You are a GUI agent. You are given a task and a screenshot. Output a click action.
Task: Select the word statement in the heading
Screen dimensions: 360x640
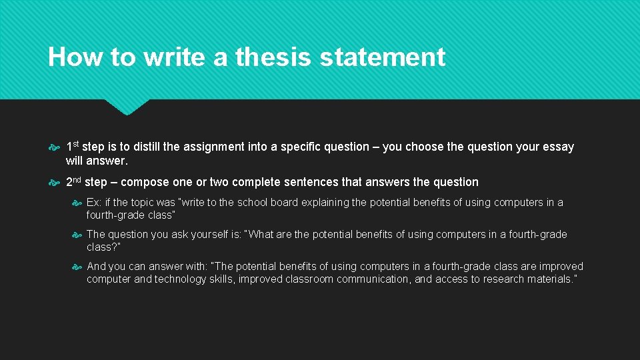383,57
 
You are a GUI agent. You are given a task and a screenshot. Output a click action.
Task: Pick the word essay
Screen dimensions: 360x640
559,147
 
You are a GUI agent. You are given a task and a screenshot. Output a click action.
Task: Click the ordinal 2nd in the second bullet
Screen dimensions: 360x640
74,181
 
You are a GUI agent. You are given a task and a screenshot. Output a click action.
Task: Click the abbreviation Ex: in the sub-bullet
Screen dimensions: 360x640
94,203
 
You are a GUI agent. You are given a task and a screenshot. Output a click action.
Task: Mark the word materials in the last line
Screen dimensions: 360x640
547,279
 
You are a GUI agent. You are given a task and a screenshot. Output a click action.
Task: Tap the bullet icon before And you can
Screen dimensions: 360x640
77,267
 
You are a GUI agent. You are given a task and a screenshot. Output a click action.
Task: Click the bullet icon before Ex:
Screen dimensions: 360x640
77,203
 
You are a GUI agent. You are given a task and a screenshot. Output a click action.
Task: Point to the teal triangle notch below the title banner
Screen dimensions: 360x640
127,107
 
